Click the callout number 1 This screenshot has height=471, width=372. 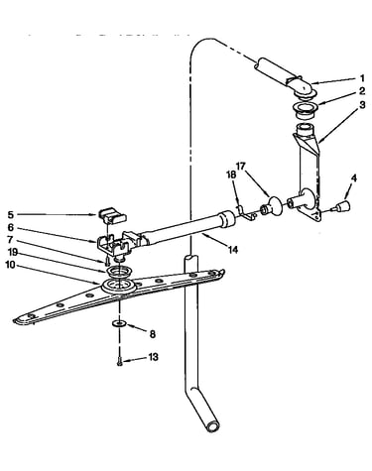coord(362,78)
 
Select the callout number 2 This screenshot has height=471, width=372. coord(362,91)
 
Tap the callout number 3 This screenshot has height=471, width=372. coord(362,105)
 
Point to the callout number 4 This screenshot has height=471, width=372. coord(354,178)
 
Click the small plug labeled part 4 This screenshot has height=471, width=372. coord(342,207)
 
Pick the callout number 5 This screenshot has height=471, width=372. coord(11,215)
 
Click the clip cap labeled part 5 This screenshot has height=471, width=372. coord(113,215)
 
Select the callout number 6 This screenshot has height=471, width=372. coord(11,227)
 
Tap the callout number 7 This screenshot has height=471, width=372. coord(10,239)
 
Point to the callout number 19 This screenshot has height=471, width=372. coord(12,253)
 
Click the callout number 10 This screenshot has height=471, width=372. coord(10,265)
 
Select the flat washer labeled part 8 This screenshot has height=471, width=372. coord(119,323)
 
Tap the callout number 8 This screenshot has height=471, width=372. coord(152,334)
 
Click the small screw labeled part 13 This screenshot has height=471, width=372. coord(119,363)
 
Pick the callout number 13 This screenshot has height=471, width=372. coord(153,357)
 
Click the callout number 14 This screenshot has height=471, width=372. coord(233,250)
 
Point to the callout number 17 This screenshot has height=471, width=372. coord(241,166)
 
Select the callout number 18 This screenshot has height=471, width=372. coord(231,175)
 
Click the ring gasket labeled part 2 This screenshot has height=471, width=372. coord(306,110)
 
